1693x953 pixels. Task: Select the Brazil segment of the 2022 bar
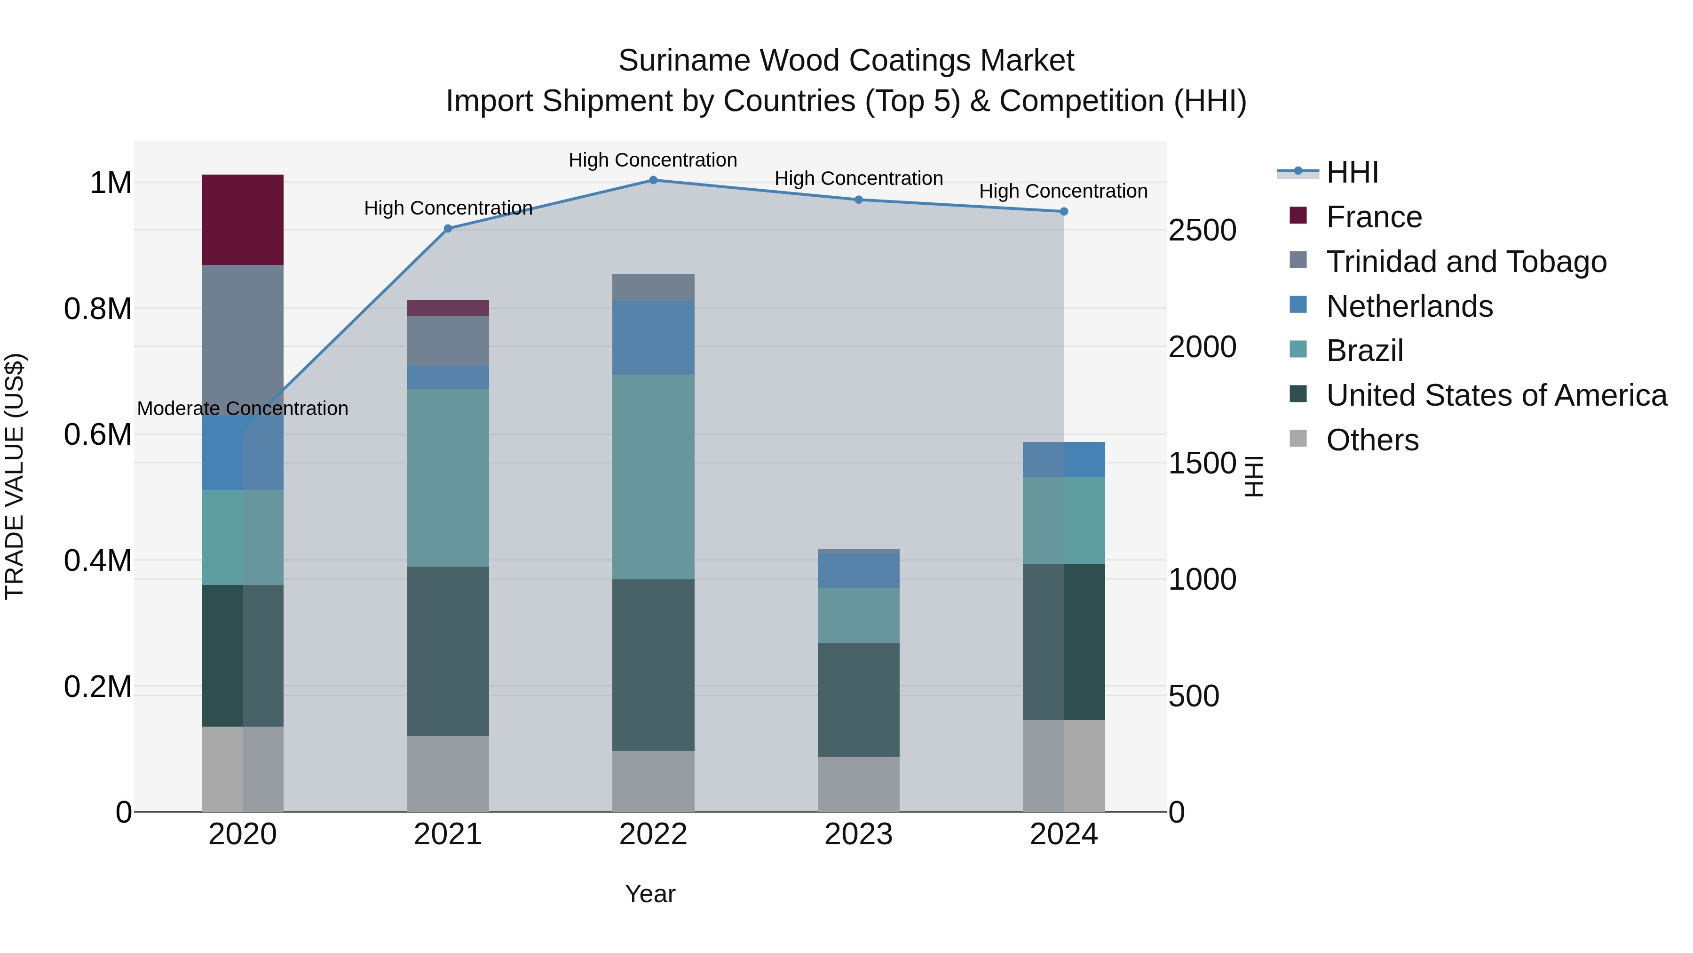653,476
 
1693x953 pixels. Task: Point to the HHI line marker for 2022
653,180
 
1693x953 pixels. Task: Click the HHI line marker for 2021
448,228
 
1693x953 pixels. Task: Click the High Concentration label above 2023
858,178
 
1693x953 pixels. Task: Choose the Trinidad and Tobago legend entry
1465,261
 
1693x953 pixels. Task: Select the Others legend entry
1372,440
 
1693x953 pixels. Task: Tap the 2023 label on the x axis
858,834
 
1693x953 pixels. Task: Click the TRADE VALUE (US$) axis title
15,476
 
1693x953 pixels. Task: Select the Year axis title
649,894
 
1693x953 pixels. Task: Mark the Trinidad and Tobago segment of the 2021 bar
448,340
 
